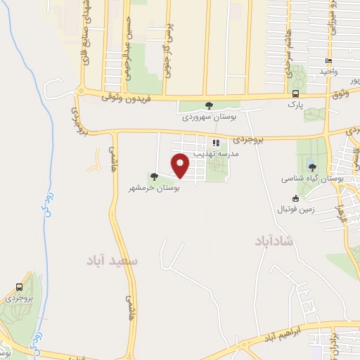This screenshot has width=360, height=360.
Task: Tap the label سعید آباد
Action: point(112,260)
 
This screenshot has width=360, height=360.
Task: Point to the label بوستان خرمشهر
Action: point(154,188)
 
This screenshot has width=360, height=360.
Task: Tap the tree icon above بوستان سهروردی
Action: point(209,105)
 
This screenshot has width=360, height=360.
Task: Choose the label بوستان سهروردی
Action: point(209,116)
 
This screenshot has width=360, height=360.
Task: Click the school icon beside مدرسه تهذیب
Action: point(216,142)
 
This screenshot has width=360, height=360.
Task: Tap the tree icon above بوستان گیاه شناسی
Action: point(311,167)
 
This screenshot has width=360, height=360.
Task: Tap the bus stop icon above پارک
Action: point(295,94)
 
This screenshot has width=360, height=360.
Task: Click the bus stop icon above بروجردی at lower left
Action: point(20,287)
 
